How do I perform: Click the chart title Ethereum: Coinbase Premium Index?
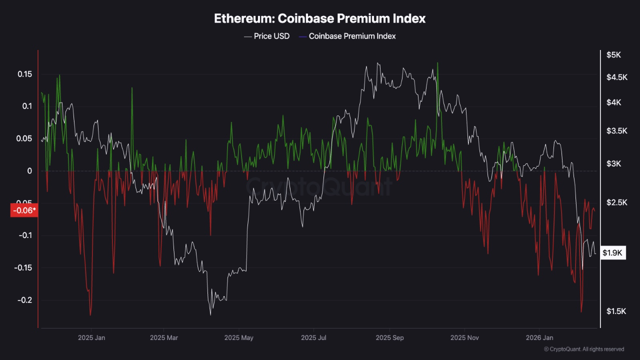coord(320,18)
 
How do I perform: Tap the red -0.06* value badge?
coord(23,210)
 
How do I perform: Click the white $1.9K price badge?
coord(612,253)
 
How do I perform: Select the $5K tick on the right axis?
coord(613,55)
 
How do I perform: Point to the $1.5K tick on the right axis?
coord(615,311)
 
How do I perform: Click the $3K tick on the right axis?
coord(613,164)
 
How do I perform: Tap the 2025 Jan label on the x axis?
coord(91,338)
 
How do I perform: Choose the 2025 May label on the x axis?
coord(239,338)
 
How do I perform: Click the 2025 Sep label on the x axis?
coord(390,338)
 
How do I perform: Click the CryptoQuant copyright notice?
coord(584,349)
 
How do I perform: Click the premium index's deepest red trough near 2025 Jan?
coord(90,315)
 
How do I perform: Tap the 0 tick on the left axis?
coord(29,171)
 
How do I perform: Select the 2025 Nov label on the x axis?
coord(464,338)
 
